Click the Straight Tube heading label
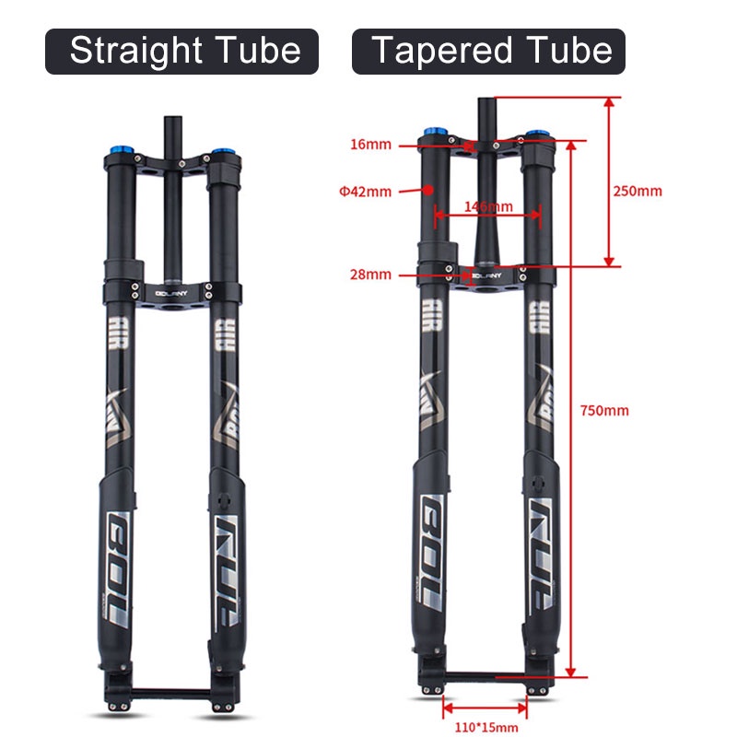point(182,51)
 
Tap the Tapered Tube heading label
point(488,51)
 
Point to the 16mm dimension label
point(371,145)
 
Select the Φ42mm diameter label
point(365,192)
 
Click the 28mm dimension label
point(371,275)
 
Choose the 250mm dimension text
point(638,192)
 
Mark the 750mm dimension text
point(604,410)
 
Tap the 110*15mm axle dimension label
point(485,727)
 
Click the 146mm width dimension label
point(487,206)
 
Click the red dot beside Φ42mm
point(428,189)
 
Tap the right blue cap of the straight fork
point(223,153)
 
